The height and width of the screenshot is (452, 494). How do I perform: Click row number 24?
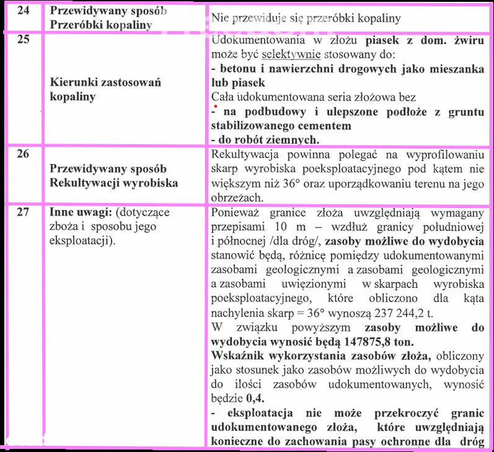pyautogui.click(x=22, y=12)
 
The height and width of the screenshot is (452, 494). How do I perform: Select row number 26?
pyautogui.click(x=22, y=154)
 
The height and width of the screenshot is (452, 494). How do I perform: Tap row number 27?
pyautogui.click(x=22, y=212)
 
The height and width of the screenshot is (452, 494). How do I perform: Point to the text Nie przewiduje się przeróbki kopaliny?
pyautogui.click(x=306, y=19)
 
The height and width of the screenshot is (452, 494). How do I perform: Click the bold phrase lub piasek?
pyautogui.click(x=238, y=83)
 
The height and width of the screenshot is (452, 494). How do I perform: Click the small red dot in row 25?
pyautogui.click(x=215, y=108)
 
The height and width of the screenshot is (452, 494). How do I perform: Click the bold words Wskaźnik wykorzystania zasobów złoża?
pyautogui.click(x=322, y=356)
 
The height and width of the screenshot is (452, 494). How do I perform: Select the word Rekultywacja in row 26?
pyautogui.click(x=243, y=154)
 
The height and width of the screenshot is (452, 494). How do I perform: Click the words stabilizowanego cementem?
pyautogui.click(x=281, y=126)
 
